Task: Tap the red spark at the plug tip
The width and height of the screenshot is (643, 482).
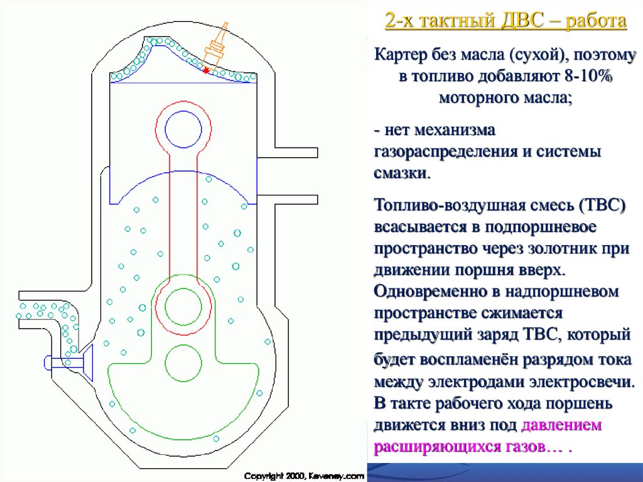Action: (207, 71)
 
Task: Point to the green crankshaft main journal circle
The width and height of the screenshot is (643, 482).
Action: (183, 363)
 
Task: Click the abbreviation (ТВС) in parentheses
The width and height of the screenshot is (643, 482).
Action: (596, 205)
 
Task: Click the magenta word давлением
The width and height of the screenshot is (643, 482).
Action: (562, 425)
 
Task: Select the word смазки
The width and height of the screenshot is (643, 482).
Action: (402, 173)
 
